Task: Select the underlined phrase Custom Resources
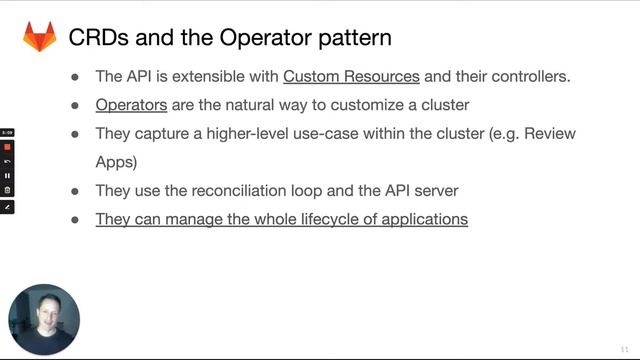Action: tap(351, 76)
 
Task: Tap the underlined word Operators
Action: tap(131, 104)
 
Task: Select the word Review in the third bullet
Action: tap(552, 133)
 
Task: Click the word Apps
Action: tap(116, 161)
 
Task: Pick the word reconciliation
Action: tap(267, 190)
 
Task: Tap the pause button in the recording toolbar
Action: tap(7, 175)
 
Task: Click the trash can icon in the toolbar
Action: tap(7, 189)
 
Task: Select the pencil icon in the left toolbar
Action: tap(7, 206)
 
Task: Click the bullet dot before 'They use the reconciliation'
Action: tap(75, 190)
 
